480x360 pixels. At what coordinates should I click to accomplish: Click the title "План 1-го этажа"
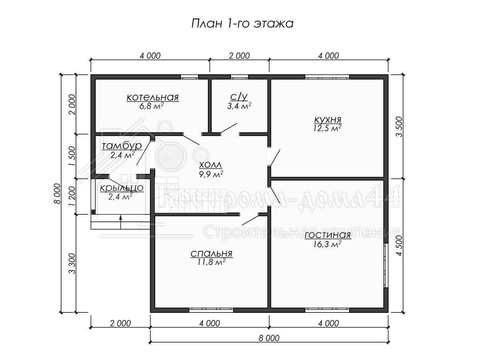(242, 24)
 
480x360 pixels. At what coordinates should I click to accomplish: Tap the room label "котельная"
(153, 97)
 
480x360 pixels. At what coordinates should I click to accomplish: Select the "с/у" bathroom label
(239, 97)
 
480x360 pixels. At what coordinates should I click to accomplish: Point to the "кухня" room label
(328, 120)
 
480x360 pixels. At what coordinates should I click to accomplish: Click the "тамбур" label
(122, 146)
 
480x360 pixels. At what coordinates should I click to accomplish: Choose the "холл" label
(210, 165)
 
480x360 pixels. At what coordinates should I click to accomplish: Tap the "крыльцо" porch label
(122, 188)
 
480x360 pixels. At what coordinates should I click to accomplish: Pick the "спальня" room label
(211, 254)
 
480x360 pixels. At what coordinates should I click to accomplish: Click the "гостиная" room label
(328, 236)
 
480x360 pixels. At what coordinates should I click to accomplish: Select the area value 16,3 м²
(327, 244)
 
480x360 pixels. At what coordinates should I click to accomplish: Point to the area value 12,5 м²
(327, 128)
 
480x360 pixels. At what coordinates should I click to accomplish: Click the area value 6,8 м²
(151, 106)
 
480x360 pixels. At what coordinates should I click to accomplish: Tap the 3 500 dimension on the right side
(399, 127)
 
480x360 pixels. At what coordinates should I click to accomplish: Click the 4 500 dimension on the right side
(399, 246)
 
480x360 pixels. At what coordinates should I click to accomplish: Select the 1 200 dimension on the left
(72, 196)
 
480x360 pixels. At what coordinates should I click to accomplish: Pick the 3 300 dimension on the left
(72, 263)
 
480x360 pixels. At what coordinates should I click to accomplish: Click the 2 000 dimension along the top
(239, 56)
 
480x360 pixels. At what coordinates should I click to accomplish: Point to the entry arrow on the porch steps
(120, 222)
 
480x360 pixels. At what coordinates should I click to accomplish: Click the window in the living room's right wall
(386, 265)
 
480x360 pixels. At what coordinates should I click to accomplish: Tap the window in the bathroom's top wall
(240, 77)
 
